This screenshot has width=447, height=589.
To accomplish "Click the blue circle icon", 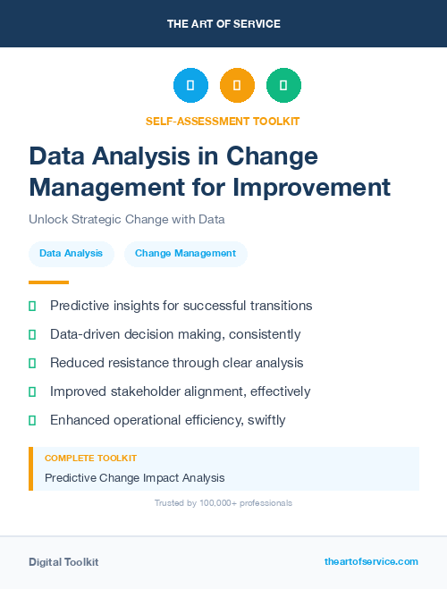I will pyautogui.click(x=190, y=85).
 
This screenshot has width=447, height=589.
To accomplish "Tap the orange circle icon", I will pyautogui.click(x=237, y=85).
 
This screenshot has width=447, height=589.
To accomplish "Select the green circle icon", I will pyautogui.click(x=283, y=85).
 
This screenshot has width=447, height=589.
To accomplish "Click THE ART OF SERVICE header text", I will pyautogui.click(x=223, y=24).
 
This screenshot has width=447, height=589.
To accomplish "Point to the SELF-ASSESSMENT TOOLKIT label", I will pyautogui.click(x=223, y=121).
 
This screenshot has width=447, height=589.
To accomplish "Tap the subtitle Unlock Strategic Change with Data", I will pyautogui.click(x=126, y=219).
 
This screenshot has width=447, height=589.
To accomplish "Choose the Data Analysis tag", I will pyautogui.click(x=72, y=254).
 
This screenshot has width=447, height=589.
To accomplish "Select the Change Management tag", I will pyautogui.click(x=185, y=254).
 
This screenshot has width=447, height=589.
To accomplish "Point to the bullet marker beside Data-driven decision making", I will pyautogui.click(x=32, y=334).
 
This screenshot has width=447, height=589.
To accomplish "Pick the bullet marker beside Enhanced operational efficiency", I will pyautogui.click(x=32, y=420).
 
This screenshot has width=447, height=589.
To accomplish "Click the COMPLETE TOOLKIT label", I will pyautogui.click(x=90, y=458).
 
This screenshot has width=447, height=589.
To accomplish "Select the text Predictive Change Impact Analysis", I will pyautogui.click(x=134, y=477).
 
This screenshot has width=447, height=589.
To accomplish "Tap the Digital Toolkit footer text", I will pyautogui.click(x=63, y=561).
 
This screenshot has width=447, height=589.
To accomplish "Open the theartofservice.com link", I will pyautogui.click(x=371, y=561).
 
